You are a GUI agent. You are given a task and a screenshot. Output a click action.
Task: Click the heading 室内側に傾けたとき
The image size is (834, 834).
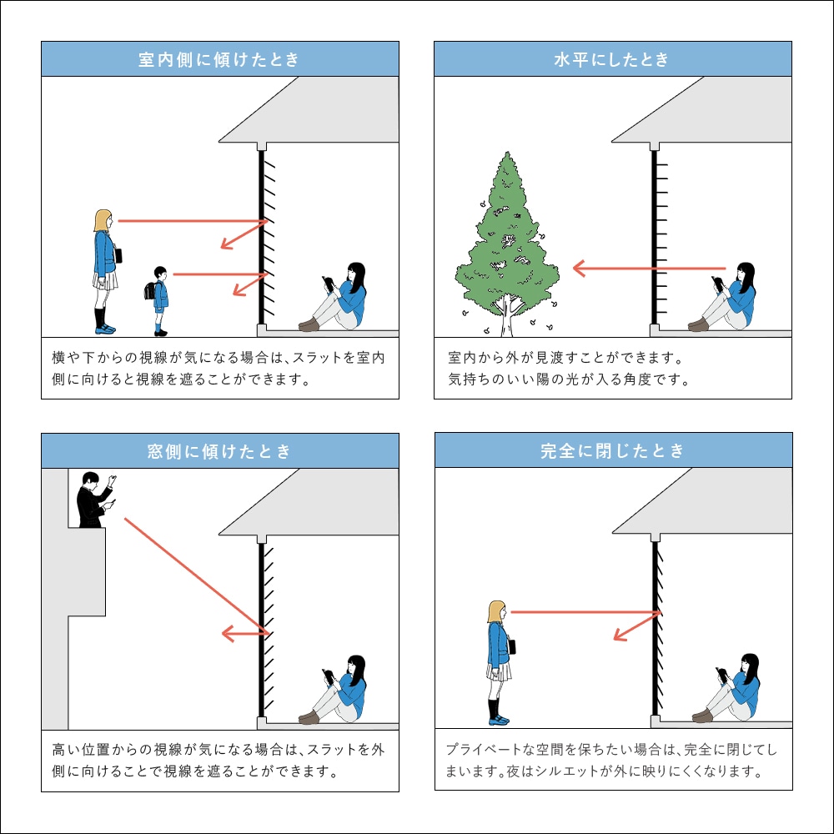pyautogui.click(x=219, y=60)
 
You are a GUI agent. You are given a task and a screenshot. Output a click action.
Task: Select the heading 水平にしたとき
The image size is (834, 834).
pyautogui.click(x=611, y=60)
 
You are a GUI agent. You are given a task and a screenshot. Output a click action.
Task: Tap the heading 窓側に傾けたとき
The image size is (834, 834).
pyautogui.click(x=219, y=451)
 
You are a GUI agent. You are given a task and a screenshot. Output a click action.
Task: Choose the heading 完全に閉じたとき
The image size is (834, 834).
pyautogui.click(x=613, y=451)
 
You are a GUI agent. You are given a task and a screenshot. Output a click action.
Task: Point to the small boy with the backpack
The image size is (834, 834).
pyautogui.click(x=160, y=300)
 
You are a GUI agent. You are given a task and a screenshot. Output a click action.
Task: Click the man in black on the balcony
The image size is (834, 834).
pyautogui.click(x=93, y=500)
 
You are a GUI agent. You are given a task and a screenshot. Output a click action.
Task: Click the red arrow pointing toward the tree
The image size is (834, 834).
pyautogui.click(x=651, y=269)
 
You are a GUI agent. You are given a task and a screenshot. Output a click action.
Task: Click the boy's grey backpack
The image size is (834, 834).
pyautogui.click(x=151, y=292)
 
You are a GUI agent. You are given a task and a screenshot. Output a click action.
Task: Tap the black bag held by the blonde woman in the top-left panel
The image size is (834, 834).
pyautogui.click(x=119, y=255)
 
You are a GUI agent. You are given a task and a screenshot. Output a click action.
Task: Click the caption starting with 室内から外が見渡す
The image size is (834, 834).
pyautogui.click(x=567, y=369)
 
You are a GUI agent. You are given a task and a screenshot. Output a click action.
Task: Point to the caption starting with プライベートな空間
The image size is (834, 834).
pyautogui.click(x=612, y=760)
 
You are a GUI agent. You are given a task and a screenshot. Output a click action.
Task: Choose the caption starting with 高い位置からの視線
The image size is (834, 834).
pyautogui.click(x=219, y=760)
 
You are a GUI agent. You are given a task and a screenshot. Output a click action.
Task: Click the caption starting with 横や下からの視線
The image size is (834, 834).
pyautogui.click(x=219, y=369)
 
